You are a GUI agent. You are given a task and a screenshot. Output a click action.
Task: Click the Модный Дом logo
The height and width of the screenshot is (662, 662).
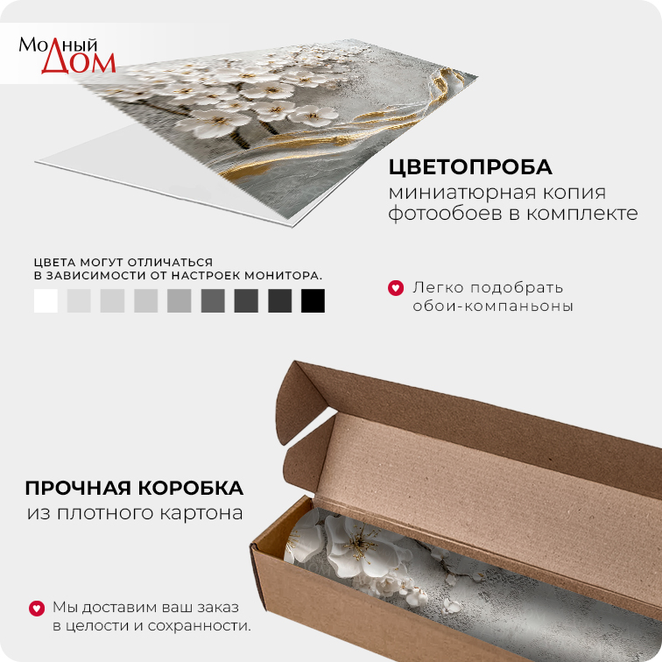point(67,55)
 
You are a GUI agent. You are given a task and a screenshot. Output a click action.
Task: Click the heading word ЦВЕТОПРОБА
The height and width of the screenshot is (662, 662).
point(470,167)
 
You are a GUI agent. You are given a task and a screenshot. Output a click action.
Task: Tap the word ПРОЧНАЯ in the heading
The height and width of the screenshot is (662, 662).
point(78,489)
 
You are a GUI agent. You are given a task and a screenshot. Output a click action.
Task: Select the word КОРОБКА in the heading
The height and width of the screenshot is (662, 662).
point(191,489)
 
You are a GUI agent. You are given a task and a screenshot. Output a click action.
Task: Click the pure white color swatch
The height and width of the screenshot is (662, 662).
point(46,300)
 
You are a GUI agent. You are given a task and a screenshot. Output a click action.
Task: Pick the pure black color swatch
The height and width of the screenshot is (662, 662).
point(313,300)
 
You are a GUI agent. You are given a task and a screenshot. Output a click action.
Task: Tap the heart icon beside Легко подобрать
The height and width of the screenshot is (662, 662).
point(396,288)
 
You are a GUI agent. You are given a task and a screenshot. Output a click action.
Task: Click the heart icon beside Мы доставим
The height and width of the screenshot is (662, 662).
point(37,608)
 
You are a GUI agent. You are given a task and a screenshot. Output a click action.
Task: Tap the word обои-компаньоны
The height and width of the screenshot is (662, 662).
point(493,306)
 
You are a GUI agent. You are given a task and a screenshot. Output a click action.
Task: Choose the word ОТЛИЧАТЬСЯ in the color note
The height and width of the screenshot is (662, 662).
point(170,262)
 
